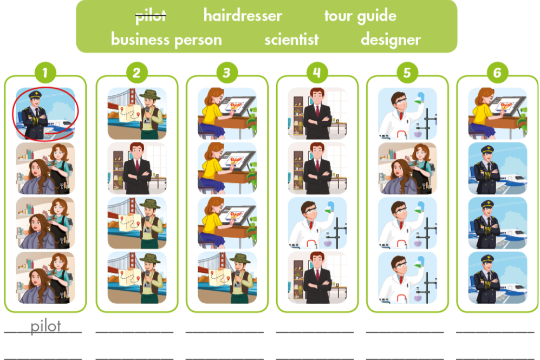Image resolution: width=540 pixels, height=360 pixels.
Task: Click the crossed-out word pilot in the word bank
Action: tap(151, 16)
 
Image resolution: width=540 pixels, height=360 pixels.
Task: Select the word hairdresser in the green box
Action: tap(243, 16)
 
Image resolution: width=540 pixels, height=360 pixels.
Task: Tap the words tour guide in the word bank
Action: tap(360, 16)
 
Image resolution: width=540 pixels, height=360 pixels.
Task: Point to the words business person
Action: tap(166, 40)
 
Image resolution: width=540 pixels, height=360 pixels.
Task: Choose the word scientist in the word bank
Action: tap(291, 40)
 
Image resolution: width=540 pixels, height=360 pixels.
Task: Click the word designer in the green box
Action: tap(391, 40)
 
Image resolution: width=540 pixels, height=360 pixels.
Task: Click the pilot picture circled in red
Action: tap(45, 113)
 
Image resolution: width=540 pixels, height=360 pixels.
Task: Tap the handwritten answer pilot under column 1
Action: tap(45, 326)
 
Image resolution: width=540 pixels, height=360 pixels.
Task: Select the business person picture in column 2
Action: tap(136, 168)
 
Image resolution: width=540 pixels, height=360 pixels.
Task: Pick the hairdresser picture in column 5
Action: tap(407, 168)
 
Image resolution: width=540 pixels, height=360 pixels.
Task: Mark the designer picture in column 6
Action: tap(498, 113)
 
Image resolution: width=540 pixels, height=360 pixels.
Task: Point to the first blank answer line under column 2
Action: tap(135, 330)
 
